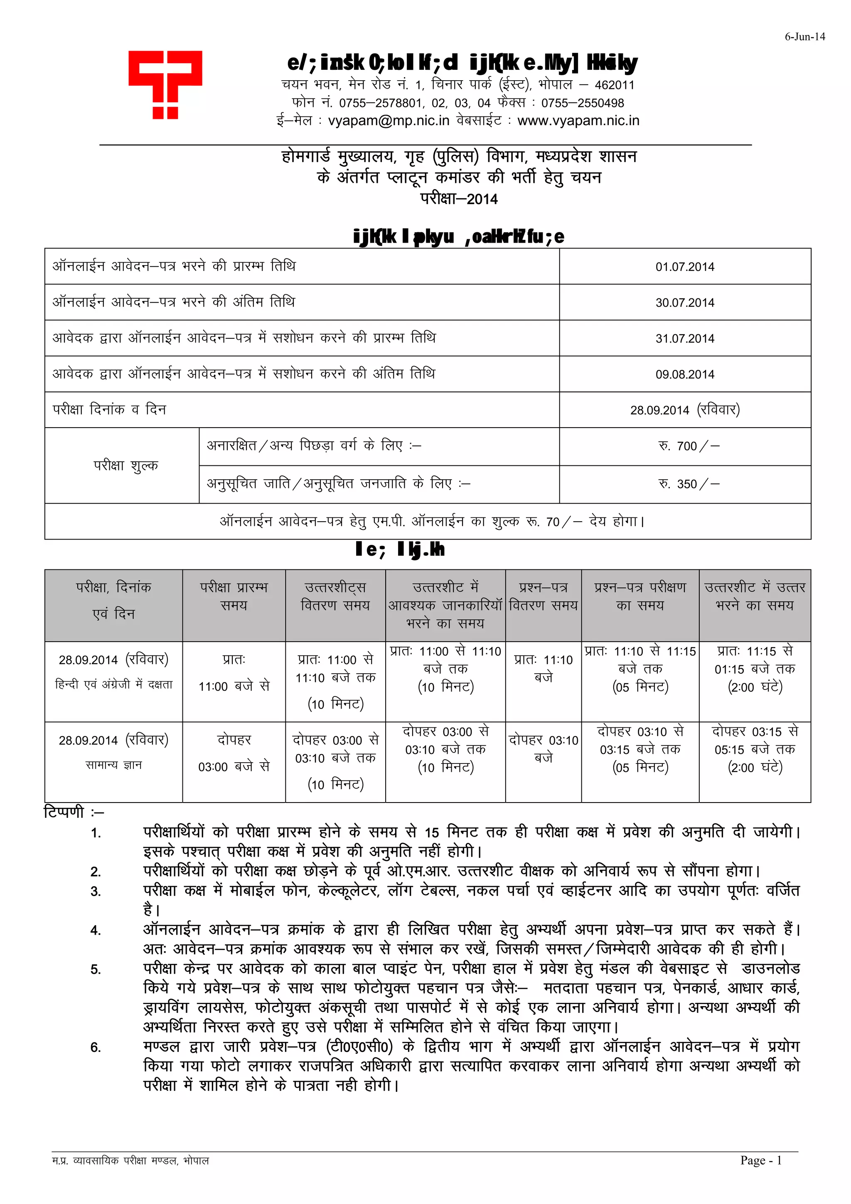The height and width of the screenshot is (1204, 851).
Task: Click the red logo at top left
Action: click(165, 84)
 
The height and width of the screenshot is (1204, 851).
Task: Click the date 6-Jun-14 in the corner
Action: click(804, 37)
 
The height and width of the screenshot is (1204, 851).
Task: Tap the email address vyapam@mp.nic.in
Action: click(389, 121)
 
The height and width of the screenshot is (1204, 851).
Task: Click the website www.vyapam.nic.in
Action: click(578, 121)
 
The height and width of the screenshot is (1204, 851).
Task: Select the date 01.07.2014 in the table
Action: click(684, 267)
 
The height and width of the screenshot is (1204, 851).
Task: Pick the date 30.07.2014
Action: click(684, 303)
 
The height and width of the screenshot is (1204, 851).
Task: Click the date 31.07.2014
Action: click(684, 339)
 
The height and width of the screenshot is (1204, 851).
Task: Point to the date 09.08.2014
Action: click(684, 374)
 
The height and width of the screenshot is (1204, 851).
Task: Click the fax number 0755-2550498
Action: click(583, 103)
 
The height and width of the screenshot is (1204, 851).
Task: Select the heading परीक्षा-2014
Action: click(459, 199)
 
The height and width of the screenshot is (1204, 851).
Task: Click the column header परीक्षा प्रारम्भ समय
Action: click(234, 596)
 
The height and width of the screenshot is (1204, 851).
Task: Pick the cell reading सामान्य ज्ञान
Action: click(113, 765)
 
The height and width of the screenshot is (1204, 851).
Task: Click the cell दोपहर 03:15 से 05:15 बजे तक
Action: click(755, 749)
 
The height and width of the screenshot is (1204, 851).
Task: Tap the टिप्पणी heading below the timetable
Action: click(64, 812)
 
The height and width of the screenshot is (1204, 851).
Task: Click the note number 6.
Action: click(96, 1047)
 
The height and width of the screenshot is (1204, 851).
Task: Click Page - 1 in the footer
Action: click(760, 1160)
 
